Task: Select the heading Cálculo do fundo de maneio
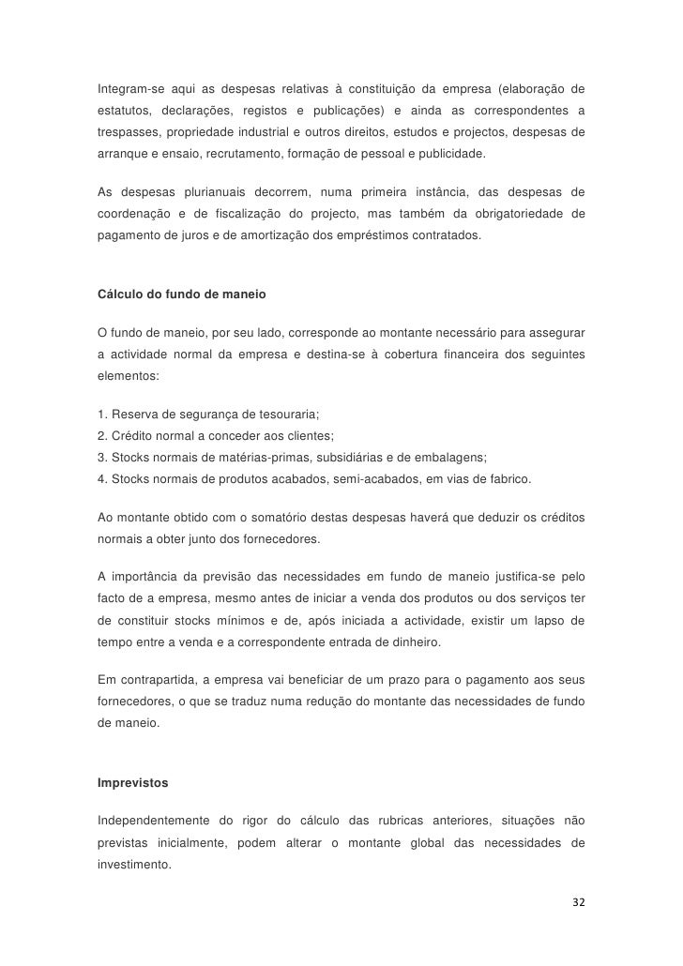[x=181, y=295]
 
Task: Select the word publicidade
[x=448, y=152]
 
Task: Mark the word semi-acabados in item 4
[x=376, y=479]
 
